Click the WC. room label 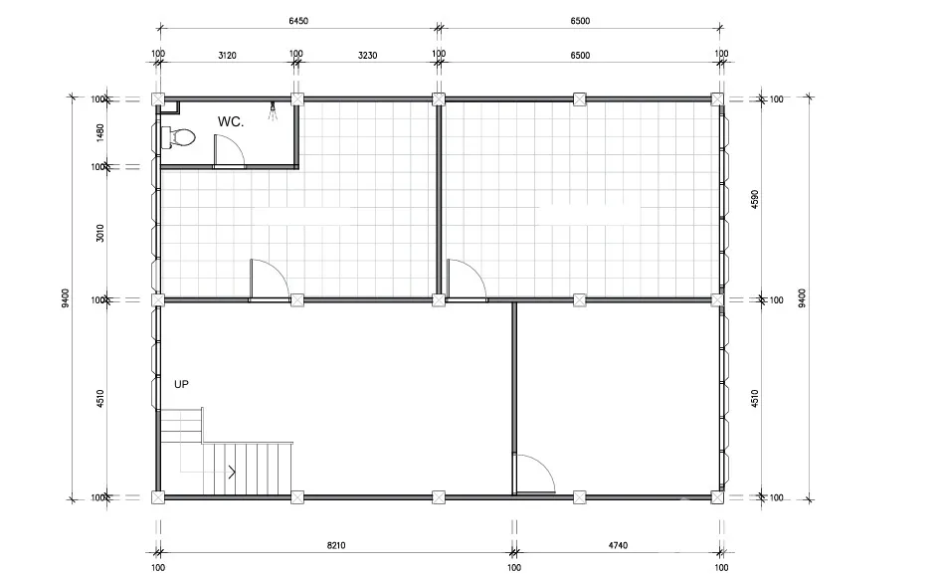(230, 121)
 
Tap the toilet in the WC (179, 138)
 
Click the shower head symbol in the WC (273, 111)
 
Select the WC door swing (229, 151)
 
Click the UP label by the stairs (181, 384)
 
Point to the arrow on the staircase (232, 473)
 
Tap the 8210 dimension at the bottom (336, 545)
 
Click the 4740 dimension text (618, 545)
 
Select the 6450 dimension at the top (298, 21)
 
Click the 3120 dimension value (227, 56)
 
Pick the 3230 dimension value (367, 56)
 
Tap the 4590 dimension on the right (755, 200)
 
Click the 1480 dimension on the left (100, 133)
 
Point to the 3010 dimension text (100, 233)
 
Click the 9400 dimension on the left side (66, 297)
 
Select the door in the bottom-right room (533, 475)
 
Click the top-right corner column (717, 99)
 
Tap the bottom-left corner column (158, 497)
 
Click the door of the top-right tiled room (467, 281)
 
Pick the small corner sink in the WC (171, 108)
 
